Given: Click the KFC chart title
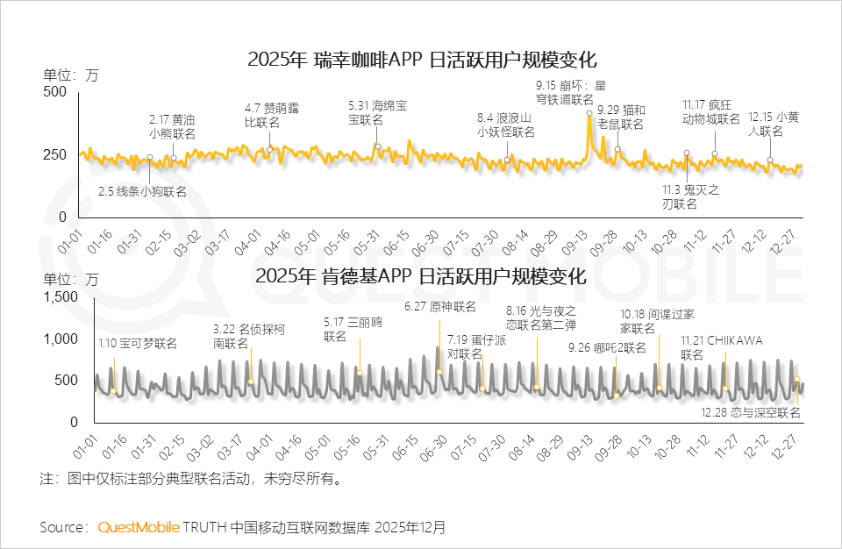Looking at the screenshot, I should coord(421,276).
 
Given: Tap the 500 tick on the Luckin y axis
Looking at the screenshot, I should coord(54,91).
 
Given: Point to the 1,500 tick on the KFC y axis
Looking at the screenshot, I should coord(48,297).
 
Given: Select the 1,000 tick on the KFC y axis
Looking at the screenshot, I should coord(48,339).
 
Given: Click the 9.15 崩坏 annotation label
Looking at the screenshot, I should coord(571,93).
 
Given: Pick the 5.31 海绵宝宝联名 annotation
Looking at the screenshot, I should coord(377,112).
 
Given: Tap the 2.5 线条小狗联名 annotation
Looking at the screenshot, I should coord(141,190).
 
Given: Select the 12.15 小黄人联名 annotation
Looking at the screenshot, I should coord(773,124).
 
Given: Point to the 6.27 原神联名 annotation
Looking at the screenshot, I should coord(440,306).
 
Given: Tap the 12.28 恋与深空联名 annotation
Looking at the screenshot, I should coord(751,412).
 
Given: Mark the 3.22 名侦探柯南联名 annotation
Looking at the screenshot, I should coord(248,337).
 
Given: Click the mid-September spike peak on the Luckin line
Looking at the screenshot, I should coord(589,114).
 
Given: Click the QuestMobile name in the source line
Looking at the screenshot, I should coord(138,527).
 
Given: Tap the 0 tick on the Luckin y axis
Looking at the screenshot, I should coord(61,217).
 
